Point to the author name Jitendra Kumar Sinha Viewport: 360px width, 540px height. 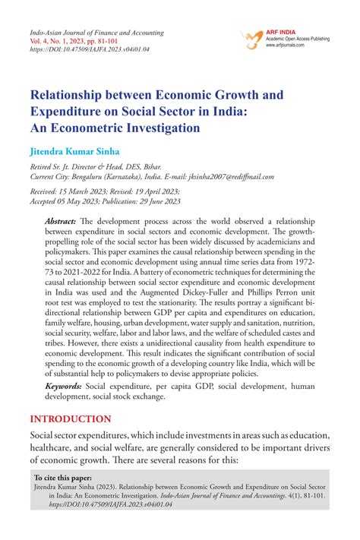coord(74,152)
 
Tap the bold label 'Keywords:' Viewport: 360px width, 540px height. coord(64,386)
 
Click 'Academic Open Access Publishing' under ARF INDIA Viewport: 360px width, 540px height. coord(302,37)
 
